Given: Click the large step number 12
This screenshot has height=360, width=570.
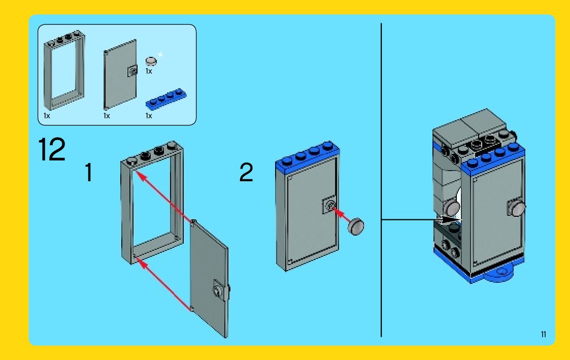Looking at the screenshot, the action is (x=52, y=149).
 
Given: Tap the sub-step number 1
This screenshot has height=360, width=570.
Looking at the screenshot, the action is (x=88, y=172).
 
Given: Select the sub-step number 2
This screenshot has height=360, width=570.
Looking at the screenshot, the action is (x=246, y=172).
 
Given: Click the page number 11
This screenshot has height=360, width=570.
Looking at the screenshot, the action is (x=544, y=334).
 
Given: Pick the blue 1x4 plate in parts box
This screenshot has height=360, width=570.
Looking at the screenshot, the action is (x=166, y=99).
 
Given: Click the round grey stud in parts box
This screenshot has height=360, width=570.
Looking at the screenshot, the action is (x=151, y=61).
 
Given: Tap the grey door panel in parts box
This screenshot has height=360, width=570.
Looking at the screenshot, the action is (x=120, y=75).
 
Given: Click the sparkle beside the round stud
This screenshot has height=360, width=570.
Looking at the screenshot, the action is (x=159, y=55).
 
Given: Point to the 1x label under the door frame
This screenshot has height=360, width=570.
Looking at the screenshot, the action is (x=47, y=116).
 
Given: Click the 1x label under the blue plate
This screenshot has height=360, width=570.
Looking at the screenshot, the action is (x=149, y=116).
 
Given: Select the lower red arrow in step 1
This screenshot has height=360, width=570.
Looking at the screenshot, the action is (x=165, y=285).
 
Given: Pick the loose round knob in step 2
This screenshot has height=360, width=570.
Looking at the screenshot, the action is (x=356, y=226).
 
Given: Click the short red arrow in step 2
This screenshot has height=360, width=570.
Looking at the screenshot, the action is (x=342, y=214).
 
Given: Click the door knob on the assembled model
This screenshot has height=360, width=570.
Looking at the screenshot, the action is (x=517, y=208).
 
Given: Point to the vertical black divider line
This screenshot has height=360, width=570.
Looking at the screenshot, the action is (x=381, y=180).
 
